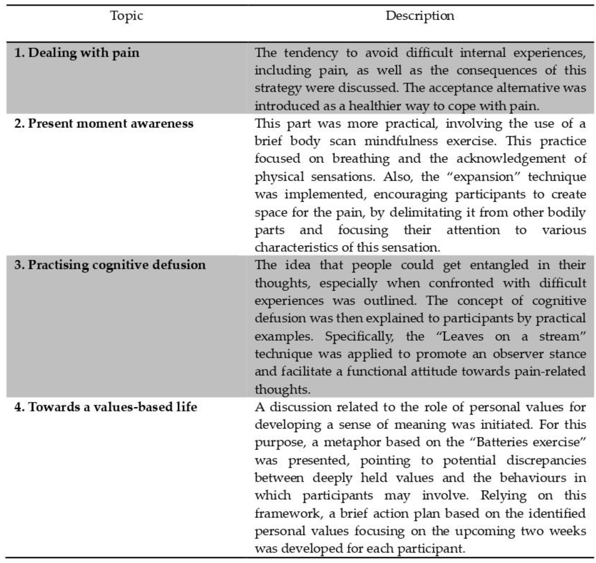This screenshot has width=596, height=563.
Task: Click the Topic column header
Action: click(x=127, y=16)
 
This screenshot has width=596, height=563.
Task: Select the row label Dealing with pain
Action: click(x=77, y=53)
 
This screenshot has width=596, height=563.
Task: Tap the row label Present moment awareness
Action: click(x=104, y=124)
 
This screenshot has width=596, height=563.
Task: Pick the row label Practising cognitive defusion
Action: click(x=110, y=265)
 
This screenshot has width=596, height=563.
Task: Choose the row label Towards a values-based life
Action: click(x=106, y=407)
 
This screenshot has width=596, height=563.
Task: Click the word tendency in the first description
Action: click(x=311, y=53)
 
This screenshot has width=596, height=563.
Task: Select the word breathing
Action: click(x=361, y=159)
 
